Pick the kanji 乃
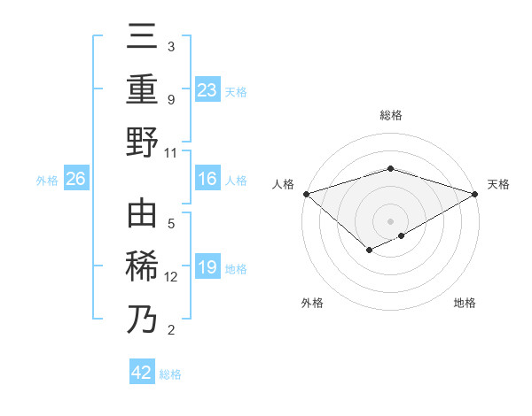[x=142, y=319]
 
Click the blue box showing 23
[x=207, y=89]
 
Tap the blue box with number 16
[x=207, y=180]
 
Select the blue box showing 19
[x=207, y=268]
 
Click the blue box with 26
[x=76, y=180]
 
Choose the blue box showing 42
[x=142, y=373]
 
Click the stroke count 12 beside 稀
[x=171, y=277]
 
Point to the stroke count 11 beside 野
[x=171, y=152]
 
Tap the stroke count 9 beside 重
[x=171, y=99]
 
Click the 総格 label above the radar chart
[x=391, y=115]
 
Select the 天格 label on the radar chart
[x=498, y=184]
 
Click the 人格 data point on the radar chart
[x=306, y=193]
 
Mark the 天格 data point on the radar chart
[x=476, y=193]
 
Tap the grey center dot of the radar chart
[x=391, y=220]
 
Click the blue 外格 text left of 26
[x=47, y=181]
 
